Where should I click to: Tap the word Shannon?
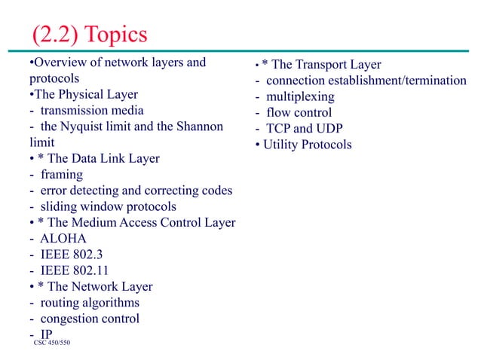pyautogui.click(x=194, y=127)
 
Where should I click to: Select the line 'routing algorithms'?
pyautogui.click(x=90, y=303)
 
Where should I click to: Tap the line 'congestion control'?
pyautogui.click(x=90, y=319)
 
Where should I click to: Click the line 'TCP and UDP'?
pyautogui.click(x=305, y=129)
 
